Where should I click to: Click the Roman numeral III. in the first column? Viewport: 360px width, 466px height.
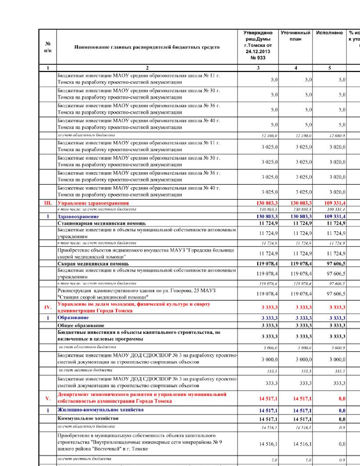coord(48,203)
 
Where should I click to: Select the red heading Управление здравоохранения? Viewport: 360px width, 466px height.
coord(93,203)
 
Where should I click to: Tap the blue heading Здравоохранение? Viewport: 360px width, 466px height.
coord(78,217)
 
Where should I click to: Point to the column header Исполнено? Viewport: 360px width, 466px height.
coord(329,33)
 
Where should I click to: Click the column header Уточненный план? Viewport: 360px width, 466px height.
coord(295,36)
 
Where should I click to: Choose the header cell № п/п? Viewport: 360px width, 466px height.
coord(48,47)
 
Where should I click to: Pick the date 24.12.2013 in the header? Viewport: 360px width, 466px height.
coord(258,51)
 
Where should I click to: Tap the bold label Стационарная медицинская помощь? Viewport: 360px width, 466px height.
coord(102,223)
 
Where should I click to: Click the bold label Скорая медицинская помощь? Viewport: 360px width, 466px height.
coord(93,264)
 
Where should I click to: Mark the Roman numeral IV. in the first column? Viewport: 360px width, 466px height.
coord(48,307)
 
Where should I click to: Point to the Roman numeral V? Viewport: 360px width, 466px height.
coord(48,399)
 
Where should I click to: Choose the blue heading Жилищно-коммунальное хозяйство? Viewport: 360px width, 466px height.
coord(101,410)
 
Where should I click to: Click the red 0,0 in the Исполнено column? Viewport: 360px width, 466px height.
coord(342,399)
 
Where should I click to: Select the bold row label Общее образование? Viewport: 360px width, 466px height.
coord(81,326)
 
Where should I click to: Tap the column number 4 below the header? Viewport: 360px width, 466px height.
coord(296,68)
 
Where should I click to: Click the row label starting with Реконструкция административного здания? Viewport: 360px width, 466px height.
coord(136,294)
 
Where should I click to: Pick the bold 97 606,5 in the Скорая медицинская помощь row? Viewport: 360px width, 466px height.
coord(336,264)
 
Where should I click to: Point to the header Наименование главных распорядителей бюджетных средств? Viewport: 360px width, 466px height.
coord(147,47)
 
